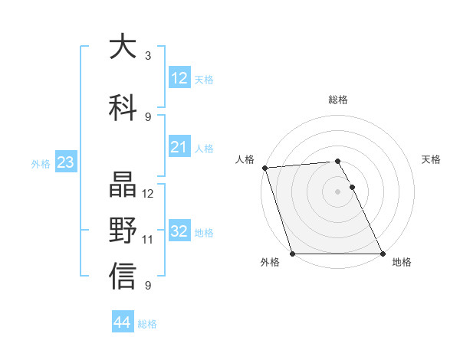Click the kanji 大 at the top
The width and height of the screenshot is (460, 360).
pos(123,47)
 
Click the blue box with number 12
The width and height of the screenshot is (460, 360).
pos(179,78)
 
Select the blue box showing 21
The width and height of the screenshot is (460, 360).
pos(179,147)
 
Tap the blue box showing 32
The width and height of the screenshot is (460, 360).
pos(179,231)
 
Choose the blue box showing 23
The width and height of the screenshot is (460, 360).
pos(64,162)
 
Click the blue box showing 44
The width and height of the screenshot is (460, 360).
pos(122,322)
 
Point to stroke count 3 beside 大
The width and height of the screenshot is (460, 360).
pos(147,56)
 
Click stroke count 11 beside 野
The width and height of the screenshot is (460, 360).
pos(148,240)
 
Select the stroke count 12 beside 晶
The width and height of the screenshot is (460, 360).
pos(148,194)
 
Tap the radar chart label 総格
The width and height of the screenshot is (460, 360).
pos(338,100)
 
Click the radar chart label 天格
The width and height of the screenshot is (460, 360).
pos(431,159)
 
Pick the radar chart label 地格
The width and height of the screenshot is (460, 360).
pos(402,263)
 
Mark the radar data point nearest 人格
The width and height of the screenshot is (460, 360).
pos(264,168)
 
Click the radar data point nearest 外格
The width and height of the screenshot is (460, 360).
pos(292,254)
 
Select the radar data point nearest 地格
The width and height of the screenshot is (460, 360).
pos(383,254)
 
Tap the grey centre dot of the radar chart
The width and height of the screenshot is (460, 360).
pos(337,191)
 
